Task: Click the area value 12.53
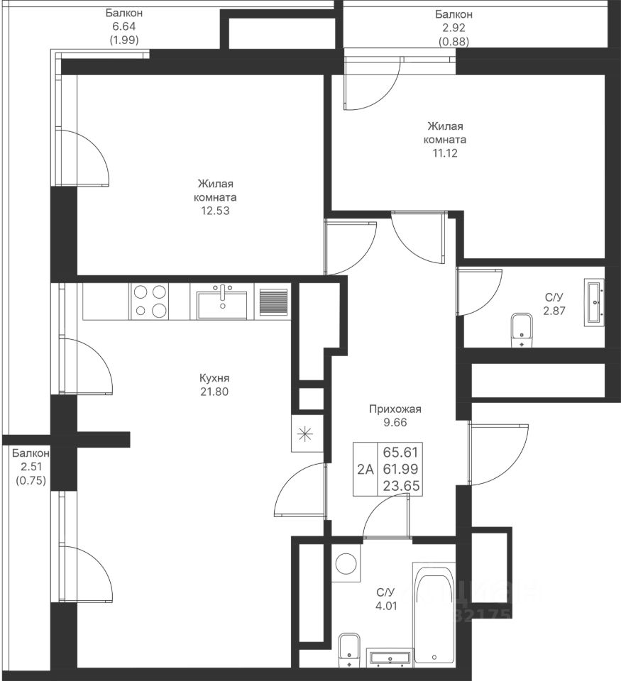tap(214, 211)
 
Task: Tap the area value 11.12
tap(445, 153)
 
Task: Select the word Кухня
tap(214, 378)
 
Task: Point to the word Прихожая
tap(395, 409)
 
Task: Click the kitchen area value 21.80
tap(214, 392)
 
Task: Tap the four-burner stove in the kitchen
tap(150, 301)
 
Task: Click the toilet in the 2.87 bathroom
tap(522, 330)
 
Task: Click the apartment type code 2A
tap(365, 470)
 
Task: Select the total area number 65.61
tap(400, 453)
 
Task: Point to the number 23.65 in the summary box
tap(402, 485)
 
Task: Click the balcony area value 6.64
tap(124, 27)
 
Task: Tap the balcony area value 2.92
tap(454, 28)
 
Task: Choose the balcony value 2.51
tap(30, 467)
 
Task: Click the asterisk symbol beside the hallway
tap(305, 434)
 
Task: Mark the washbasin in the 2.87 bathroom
tap(594, 303)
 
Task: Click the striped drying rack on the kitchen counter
tap(273, 302)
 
